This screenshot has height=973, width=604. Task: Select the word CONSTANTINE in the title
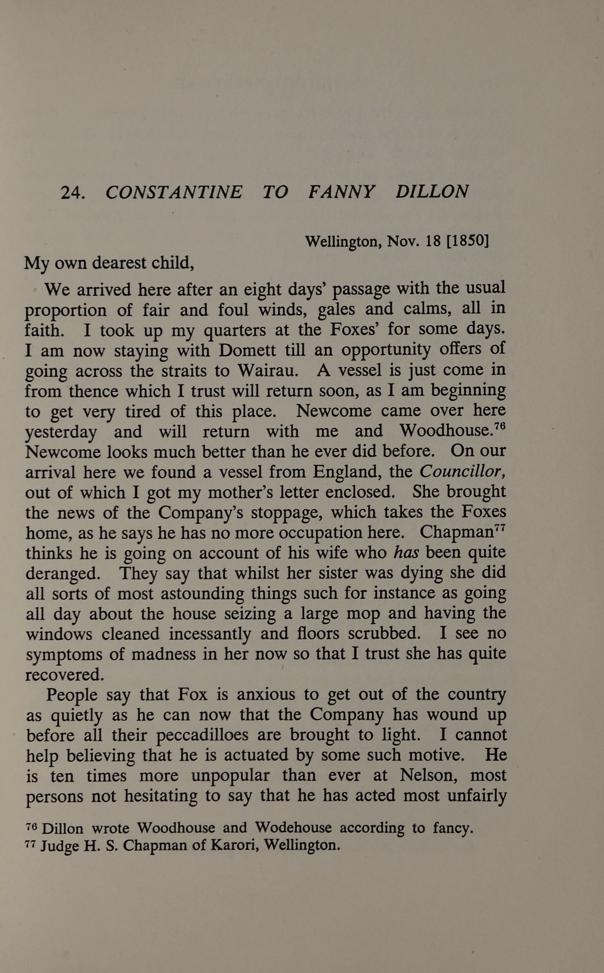pos(174,192)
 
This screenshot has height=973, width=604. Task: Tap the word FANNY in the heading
pos(342,192)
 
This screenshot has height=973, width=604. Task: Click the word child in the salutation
pos(173,264)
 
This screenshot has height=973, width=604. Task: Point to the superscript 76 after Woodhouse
pos(500,426)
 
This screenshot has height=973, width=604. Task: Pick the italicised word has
pos(406,553)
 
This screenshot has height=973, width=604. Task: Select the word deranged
pos(63,574)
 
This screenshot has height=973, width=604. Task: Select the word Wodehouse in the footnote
pos(293,828)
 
